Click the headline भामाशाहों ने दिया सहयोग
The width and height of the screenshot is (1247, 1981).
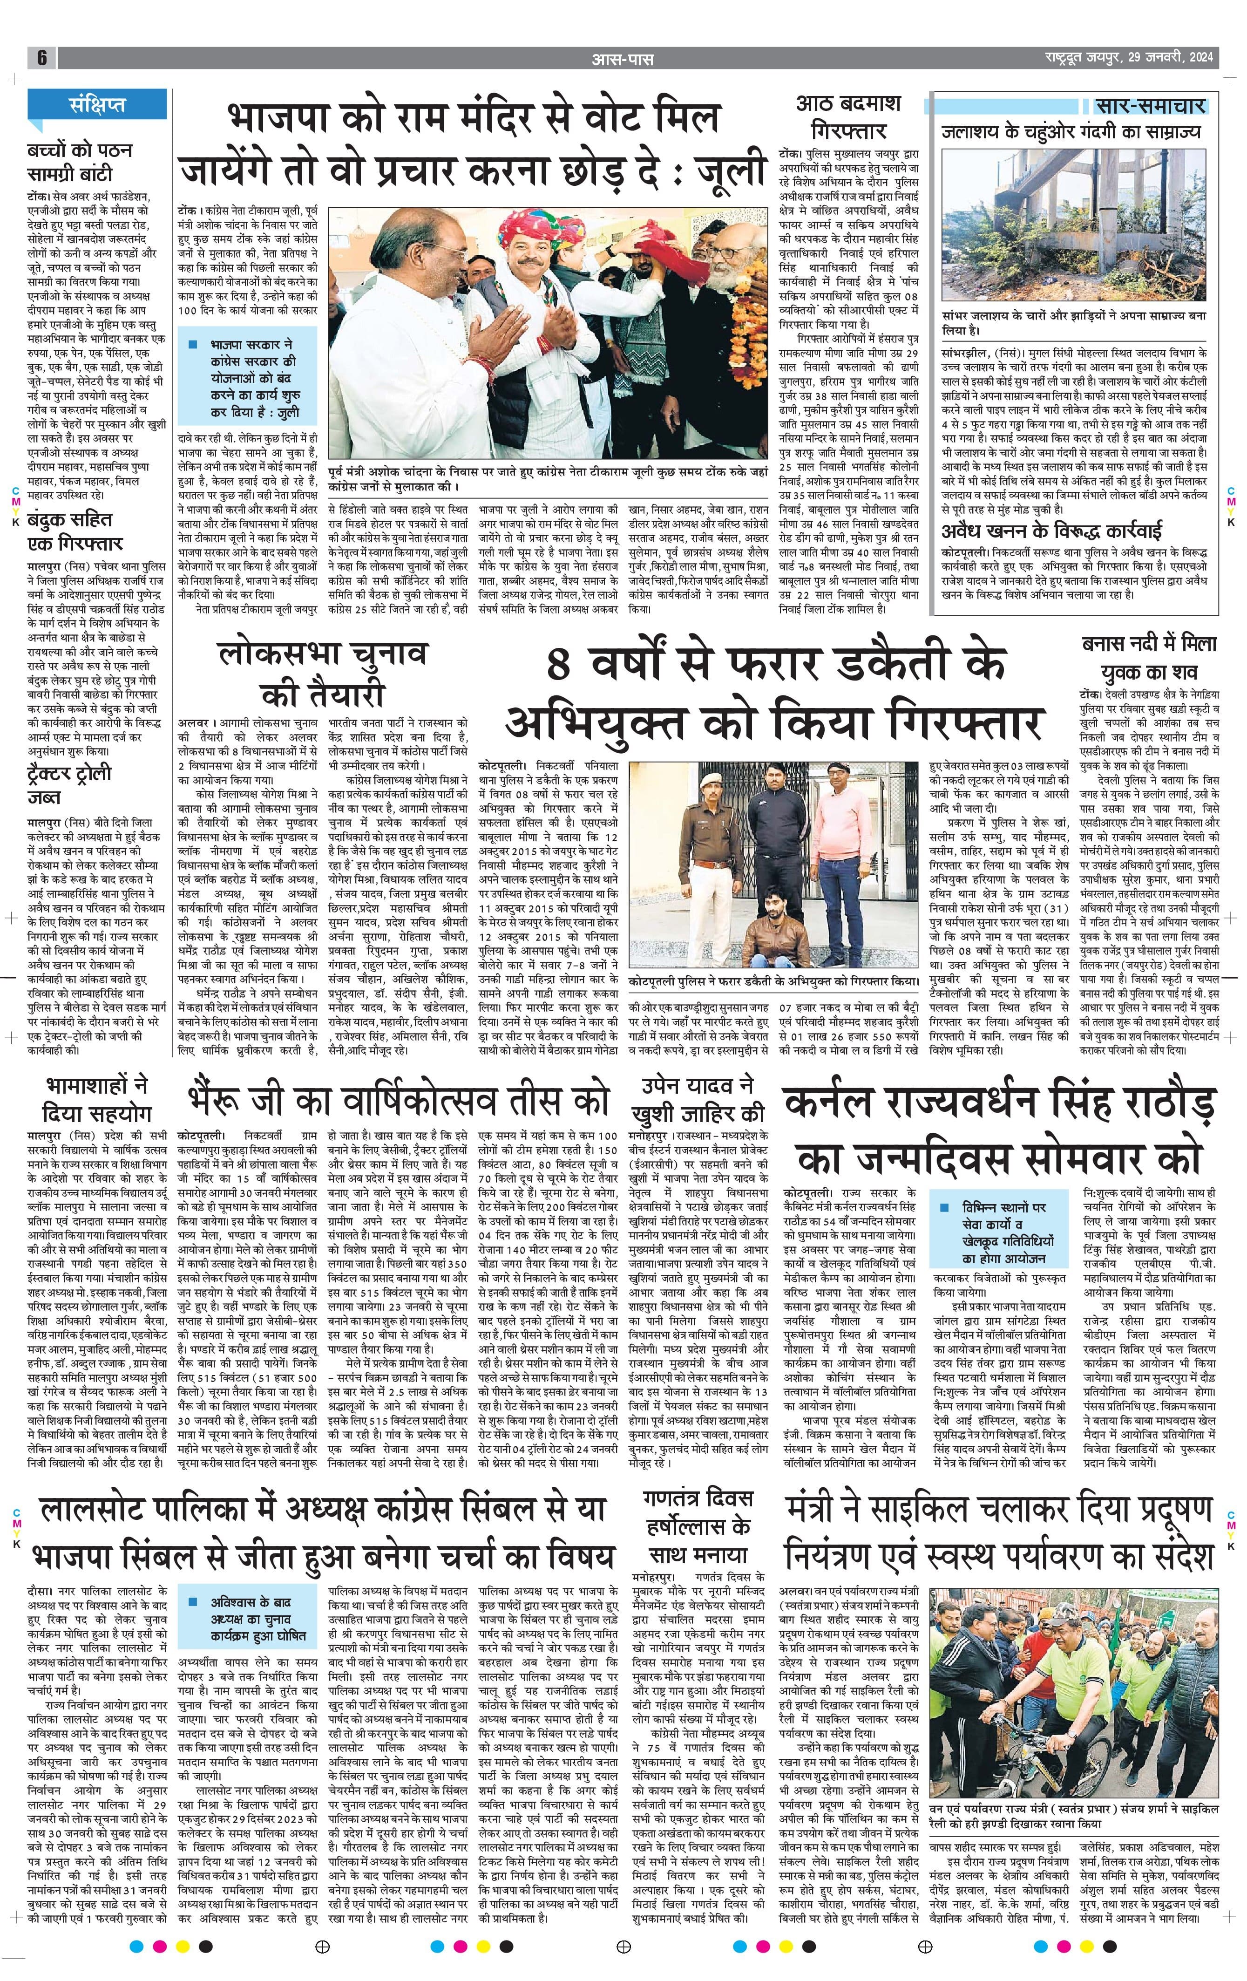point(96,1100)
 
